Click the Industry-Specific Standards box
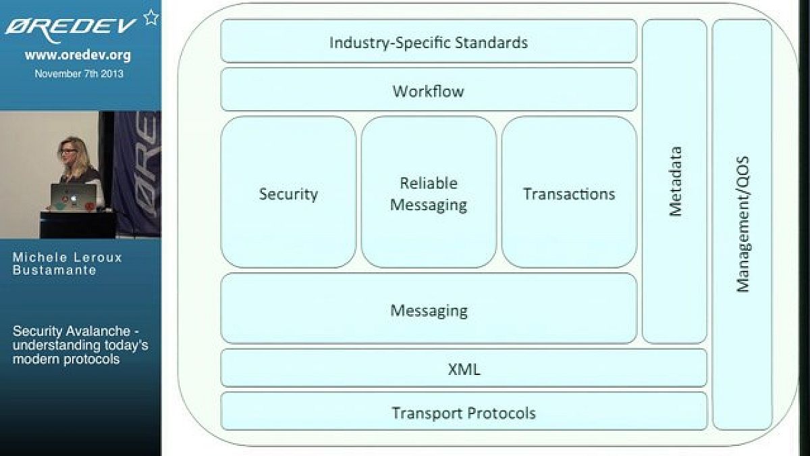pos(429,42)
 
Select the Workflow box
pos(429,91)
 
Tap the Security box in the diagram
pos(288,194)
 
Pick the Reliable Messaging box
pos(429,194)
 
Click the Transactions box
pos(569,194)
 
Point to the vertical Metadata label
pos(675,181)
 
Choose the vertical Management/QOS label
pos(742,224)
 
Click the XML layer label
pos(464,369)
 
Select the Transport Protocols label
pos(464,413)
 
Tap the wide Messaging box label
pos(429,311)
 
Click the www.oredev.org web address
pos(78,55)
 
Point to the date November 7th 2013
pos(79,74)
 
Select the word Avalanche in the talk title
pos(98,331)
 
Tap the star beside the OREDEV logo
pos(151,18)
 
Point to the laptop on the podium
pos(72,196)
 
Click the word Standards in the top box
pos(491,43)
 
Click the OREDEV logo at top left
pos(71,26)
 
